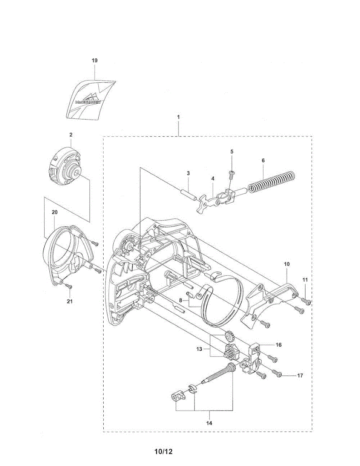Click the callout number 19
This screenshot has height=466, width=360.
(x=94, y=61)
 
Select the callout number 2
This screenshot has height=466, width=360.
(x=71, y=135)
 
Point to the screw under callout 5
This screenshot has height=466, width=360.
(x=232, y=174)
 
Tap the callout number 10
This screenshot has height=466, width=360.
(x=287, y=264)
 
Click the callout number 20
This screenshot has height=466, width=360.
(x=54, y=212)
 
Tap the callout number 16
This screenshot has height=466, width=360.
(x=278, y=344)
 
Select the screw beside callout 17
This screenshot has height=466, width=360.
(x=279, y=374)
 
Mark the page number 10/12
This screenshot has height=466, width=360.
(x=163, y=452)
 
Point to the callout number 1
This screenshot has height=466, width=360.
(x=178, y=116)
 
